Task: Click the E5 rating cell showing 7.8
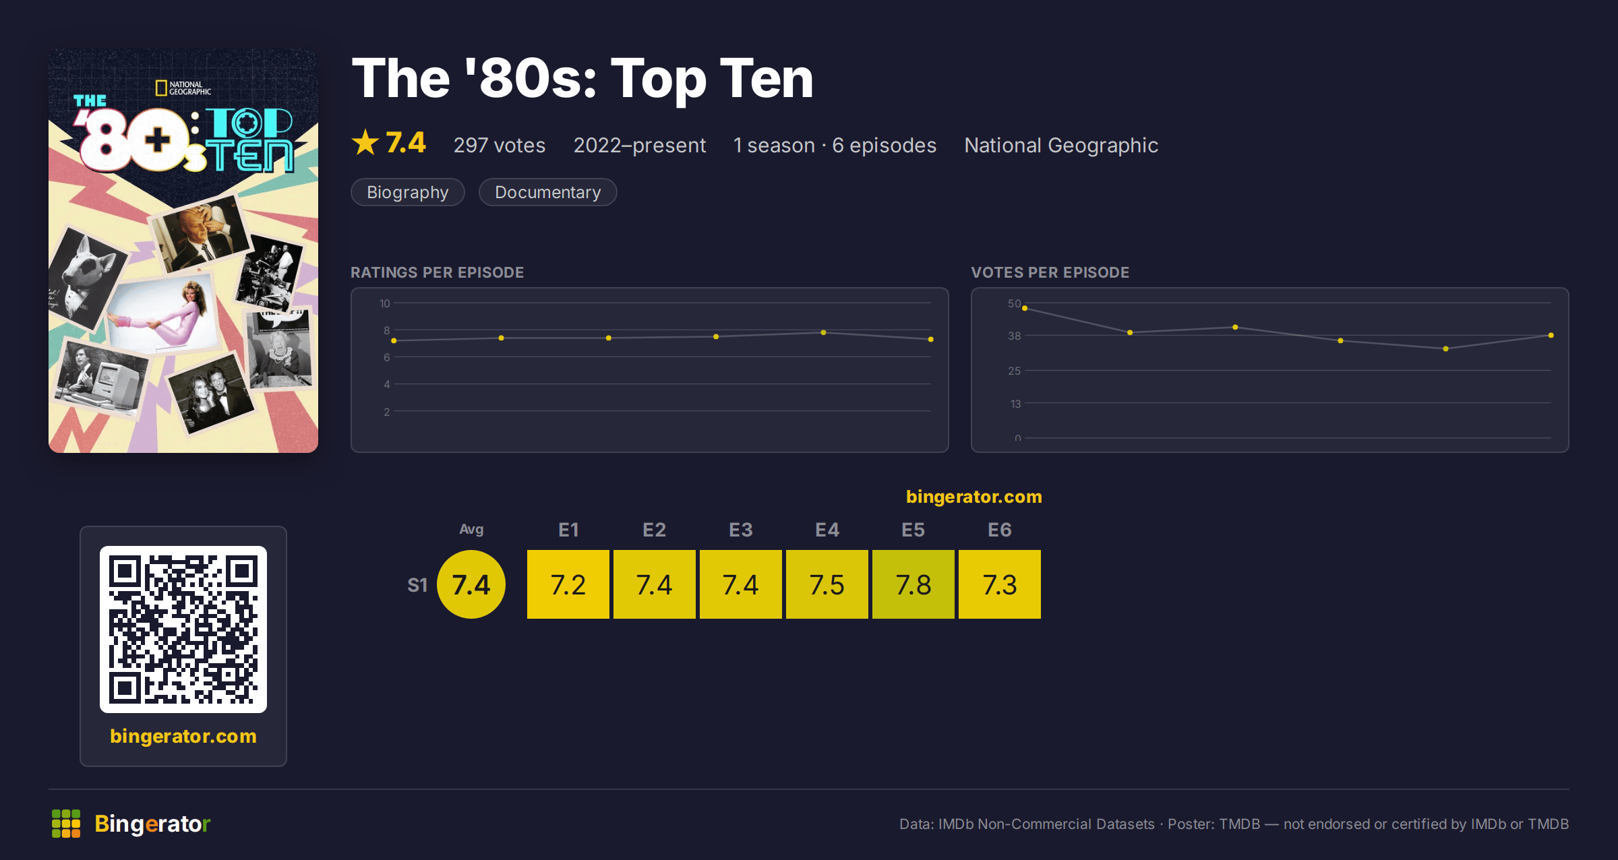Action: point(913,584)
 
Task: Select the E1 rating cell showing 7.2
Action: point(568,584)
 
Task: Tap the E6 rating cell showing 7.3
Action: point(1000,584)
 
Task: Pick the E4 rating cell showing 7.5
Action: point(827,584)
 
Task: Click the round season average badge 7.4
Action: point(471,584)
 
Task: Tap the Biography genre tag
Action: point(408,192)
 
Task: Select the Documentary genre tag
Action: point(547,192)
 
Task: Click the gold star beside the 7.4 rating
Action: point(365,142)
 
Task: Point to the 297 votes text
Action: point(500,145)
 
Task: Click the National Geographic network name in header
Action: point(1061,145)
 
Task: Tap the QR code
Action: point(183,629)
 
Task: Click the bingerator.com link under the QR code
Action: point(183,736)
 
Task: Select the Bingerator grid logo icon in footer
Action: point(66,824)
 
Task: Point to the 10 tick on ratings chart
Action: point(384,303)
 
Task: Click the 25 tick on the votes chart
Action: point(1015,371)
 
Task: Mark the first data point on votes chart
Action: point(1025,309)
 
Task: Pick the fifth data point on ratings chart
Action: point(823,332)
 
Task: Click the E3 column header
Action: point(741,530)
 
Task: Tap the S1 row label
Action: point(417,585)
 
